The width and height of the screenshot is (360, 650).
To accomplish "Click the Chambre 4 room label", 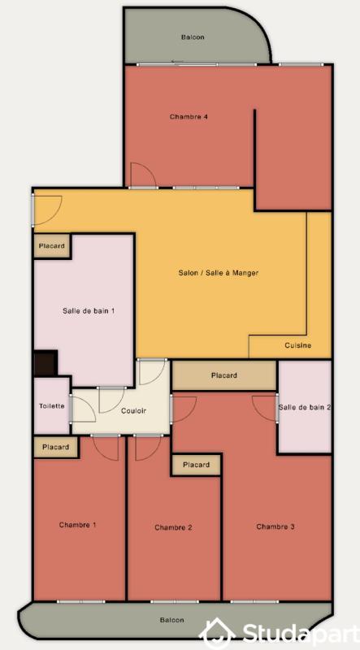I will point(189,117).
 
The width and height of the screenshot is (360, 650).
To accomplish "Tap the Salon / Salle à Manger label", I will point(219,273).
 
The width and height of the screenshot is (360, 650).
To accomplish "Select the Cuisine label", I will point(297,345).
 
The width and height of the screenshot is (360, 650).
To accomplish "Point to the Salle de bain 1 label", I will point(89,310).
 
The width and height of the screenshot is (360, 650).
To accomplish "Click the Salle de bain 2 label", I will point(305,407).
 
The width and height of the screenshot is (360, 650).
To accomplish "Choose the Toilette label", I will point(51,406).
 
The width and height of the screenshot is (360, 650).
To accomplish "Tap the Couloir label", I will point(133,411).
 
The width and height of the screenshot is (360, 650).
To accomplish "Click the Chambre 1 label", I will point(77,525).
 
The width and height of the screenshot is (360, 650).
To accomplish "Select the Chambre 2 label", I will point(173,527).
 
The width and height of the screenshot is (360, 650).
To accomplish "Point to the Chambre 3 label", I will point(275,526).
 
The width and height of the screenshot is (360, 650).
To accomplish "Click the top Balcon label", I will point(193,37).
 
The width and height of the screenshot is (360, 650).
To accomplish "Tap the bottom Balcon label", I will point(171,620).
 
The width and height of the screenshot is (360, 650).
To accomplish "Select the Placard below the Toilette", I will point(55,447).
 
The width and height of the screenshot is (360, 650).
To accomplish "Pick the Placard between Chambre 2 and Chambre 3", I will point(196,465).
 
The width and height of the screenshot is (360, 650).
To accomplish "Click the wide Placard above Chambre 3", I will point(223,375).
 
